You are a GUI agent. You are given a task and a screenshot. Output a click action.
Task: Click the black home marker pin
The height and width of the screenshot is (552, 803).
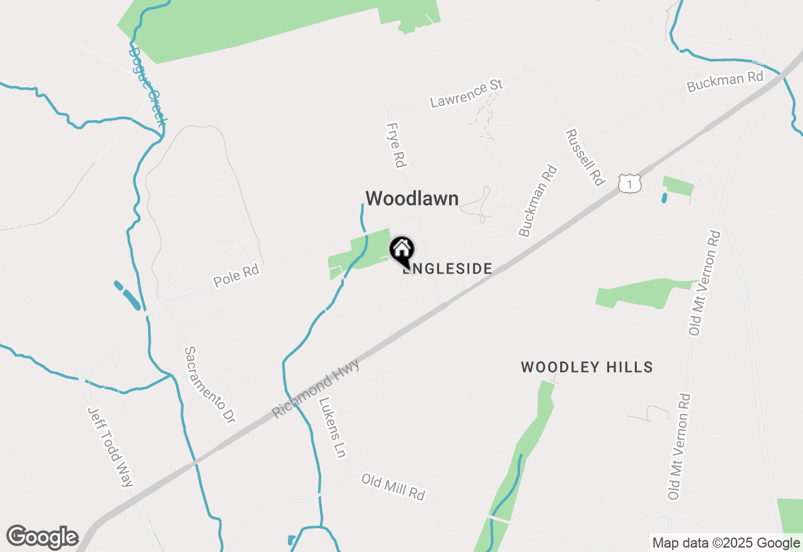click(x=401, y=250)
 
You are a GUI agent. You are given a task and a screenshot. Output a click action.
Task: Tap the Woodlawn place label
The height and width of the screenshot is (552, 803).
click(x=412, y=198)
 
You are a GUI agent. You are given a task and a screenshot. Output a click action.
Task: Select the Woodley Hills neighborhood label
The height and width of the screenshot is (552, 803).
click(x=587, y=367)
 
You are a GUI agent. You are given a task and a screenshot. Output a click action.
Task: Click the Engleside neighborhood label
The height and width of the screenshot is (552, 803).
click(x=447, y=269)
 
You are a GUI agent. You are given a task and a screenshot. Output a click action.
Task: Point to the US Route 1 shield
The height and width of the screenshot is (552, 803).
click(x=629, y=183)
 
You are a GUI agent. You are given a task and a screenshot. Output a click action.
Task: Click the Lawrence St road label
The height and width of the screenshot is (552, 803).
click(x=467, y=93)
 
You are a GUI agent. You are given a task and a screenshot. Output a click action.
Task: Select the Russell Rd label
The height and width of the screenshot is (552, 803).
click(x=584, y=157)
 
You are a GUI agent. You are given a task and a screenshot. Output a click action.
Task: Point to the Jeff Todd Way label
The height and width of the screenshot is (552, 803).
click(x=110, y=447)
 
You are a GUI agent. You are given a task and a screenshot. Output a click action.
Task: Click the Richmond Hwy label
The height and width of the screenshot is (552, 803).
click(x=316, y=389)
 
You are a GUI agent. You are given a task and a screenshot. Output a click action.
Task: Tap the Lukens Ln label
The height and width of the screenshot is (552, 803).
click(x=332, y=427)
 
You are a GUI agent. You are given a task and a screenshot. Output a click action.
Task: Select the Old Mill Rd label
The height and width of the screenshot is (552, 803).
click(x=393, y=487)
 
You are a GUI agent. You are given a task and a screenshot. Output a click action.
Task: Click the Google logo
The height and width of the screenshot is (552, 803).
click(x=42, y=537)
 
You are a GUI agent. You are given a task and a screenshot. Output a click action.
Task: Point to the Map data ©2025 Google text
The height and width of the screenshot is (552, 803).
click(x=726, y=543)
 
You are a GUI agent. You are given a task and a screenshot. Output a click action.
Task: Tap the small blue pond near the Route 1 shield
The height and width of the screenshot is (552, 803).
click(x=664, y=198)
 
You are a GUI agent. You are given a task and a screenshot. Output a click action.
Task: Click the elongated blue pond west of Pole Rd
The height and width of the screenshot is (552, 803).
click(x=128, y=295)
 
